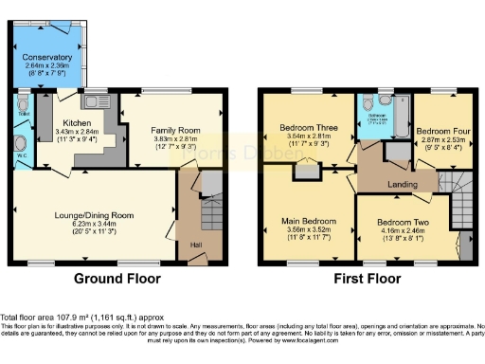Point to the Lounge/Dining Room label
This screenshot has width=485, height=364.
pyautogui.click(x=93, y=215)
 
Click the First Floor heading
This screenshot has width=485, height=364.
pyautogui.click(x=366, y=280)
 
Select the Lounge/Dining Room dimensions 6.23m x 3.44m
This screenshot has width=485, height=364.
pyautogui.click(x=93, y=226)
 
